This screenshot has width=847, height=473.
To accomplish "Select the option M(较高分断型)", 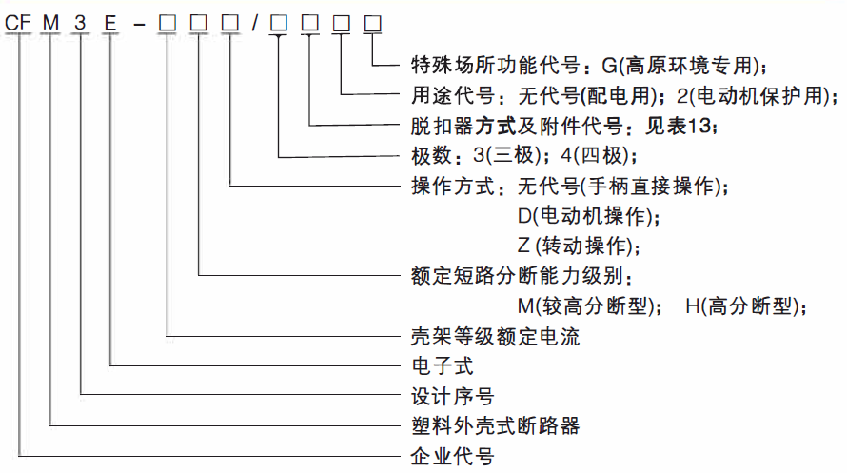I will click(x=592, y=306).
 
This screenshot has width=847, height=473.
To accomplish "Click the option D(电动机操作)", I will click(x=587, y=216).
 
